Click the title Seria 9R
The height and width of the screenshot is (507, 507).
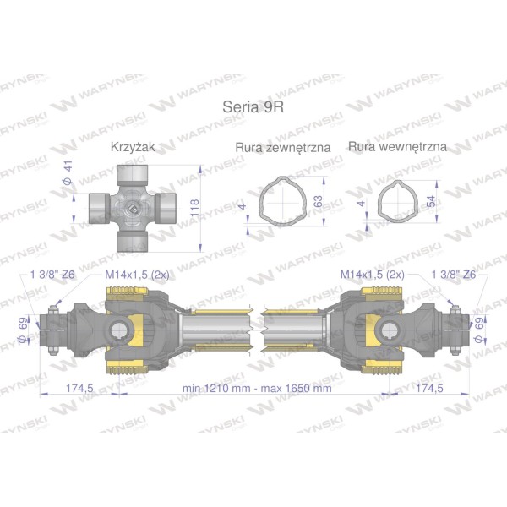coord(253,106)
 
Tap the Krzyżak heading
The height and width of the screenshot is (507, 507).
coord(133,147)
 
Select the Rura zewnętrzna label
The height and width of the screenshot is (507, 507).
coord(283,147)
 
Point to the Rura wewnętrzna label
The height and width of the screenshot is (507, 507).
coord(397,147)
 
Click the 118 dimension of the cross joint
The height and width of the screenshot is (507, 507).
coord(194,208)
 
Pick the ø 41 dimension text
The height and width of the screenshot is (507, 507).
coord(68,173)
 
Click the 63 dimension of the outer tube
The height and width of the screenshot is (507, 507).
coord(318,201)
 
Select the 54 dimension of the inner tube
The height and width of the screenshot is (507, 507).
coord(431,201)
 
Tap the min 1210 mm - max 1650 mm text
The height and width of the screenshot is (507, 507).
coord(257,388)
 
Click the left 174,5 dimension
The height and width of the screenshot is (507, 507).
coord(79,388)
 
